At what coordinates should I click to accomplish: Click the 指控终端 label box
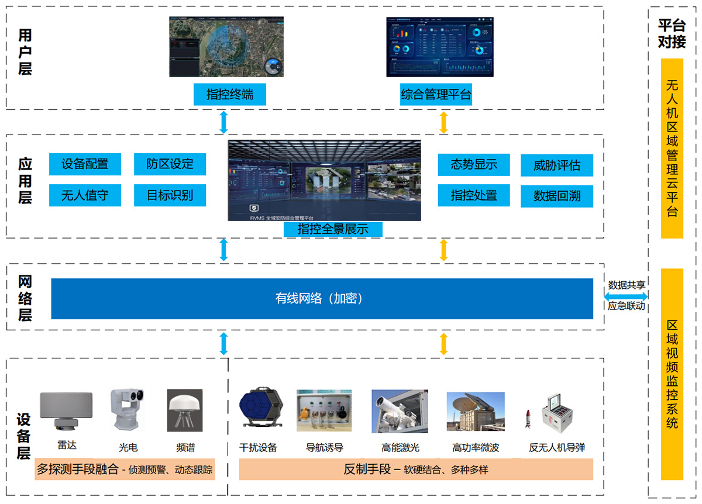click(x=229, y=94)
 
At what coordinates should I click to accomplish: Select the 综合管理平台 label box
click(x=436, y=94)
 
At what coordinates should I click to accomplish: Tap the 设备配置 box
click(x=85, y=164)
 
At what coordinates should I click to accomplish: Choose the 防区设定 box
click(x=170, y=164)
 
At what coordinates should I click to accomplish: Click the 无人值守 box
click(x=85, y=195)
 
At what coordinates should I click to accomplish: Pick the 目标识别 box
click(x=170, y=195)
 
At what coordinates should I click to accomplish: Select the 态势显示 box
click(x=473, y=165)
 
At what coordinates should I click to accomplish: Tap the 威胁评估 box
click(x=556, y=165)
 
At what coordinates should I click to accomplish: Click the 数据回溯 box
click(x=556, y=196)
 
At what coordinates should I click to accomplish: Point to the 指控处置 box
click(x=473, y=195)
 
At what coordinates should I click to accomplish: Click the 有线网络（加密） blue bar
click(x=322, y=299)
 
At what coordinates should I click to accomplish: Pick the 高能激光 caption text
click(x=400, y=448)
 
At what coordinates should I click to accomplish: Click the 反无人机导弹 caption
click(x=556, y=448)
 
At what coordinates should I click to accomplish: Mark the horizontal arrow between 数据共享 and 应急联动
click(x=625, y=296)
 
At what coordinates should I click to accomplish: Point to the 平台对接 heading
click(x=672, y=34)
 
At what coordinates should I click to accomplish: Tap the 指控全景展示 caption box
click(x=332, y=229)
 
